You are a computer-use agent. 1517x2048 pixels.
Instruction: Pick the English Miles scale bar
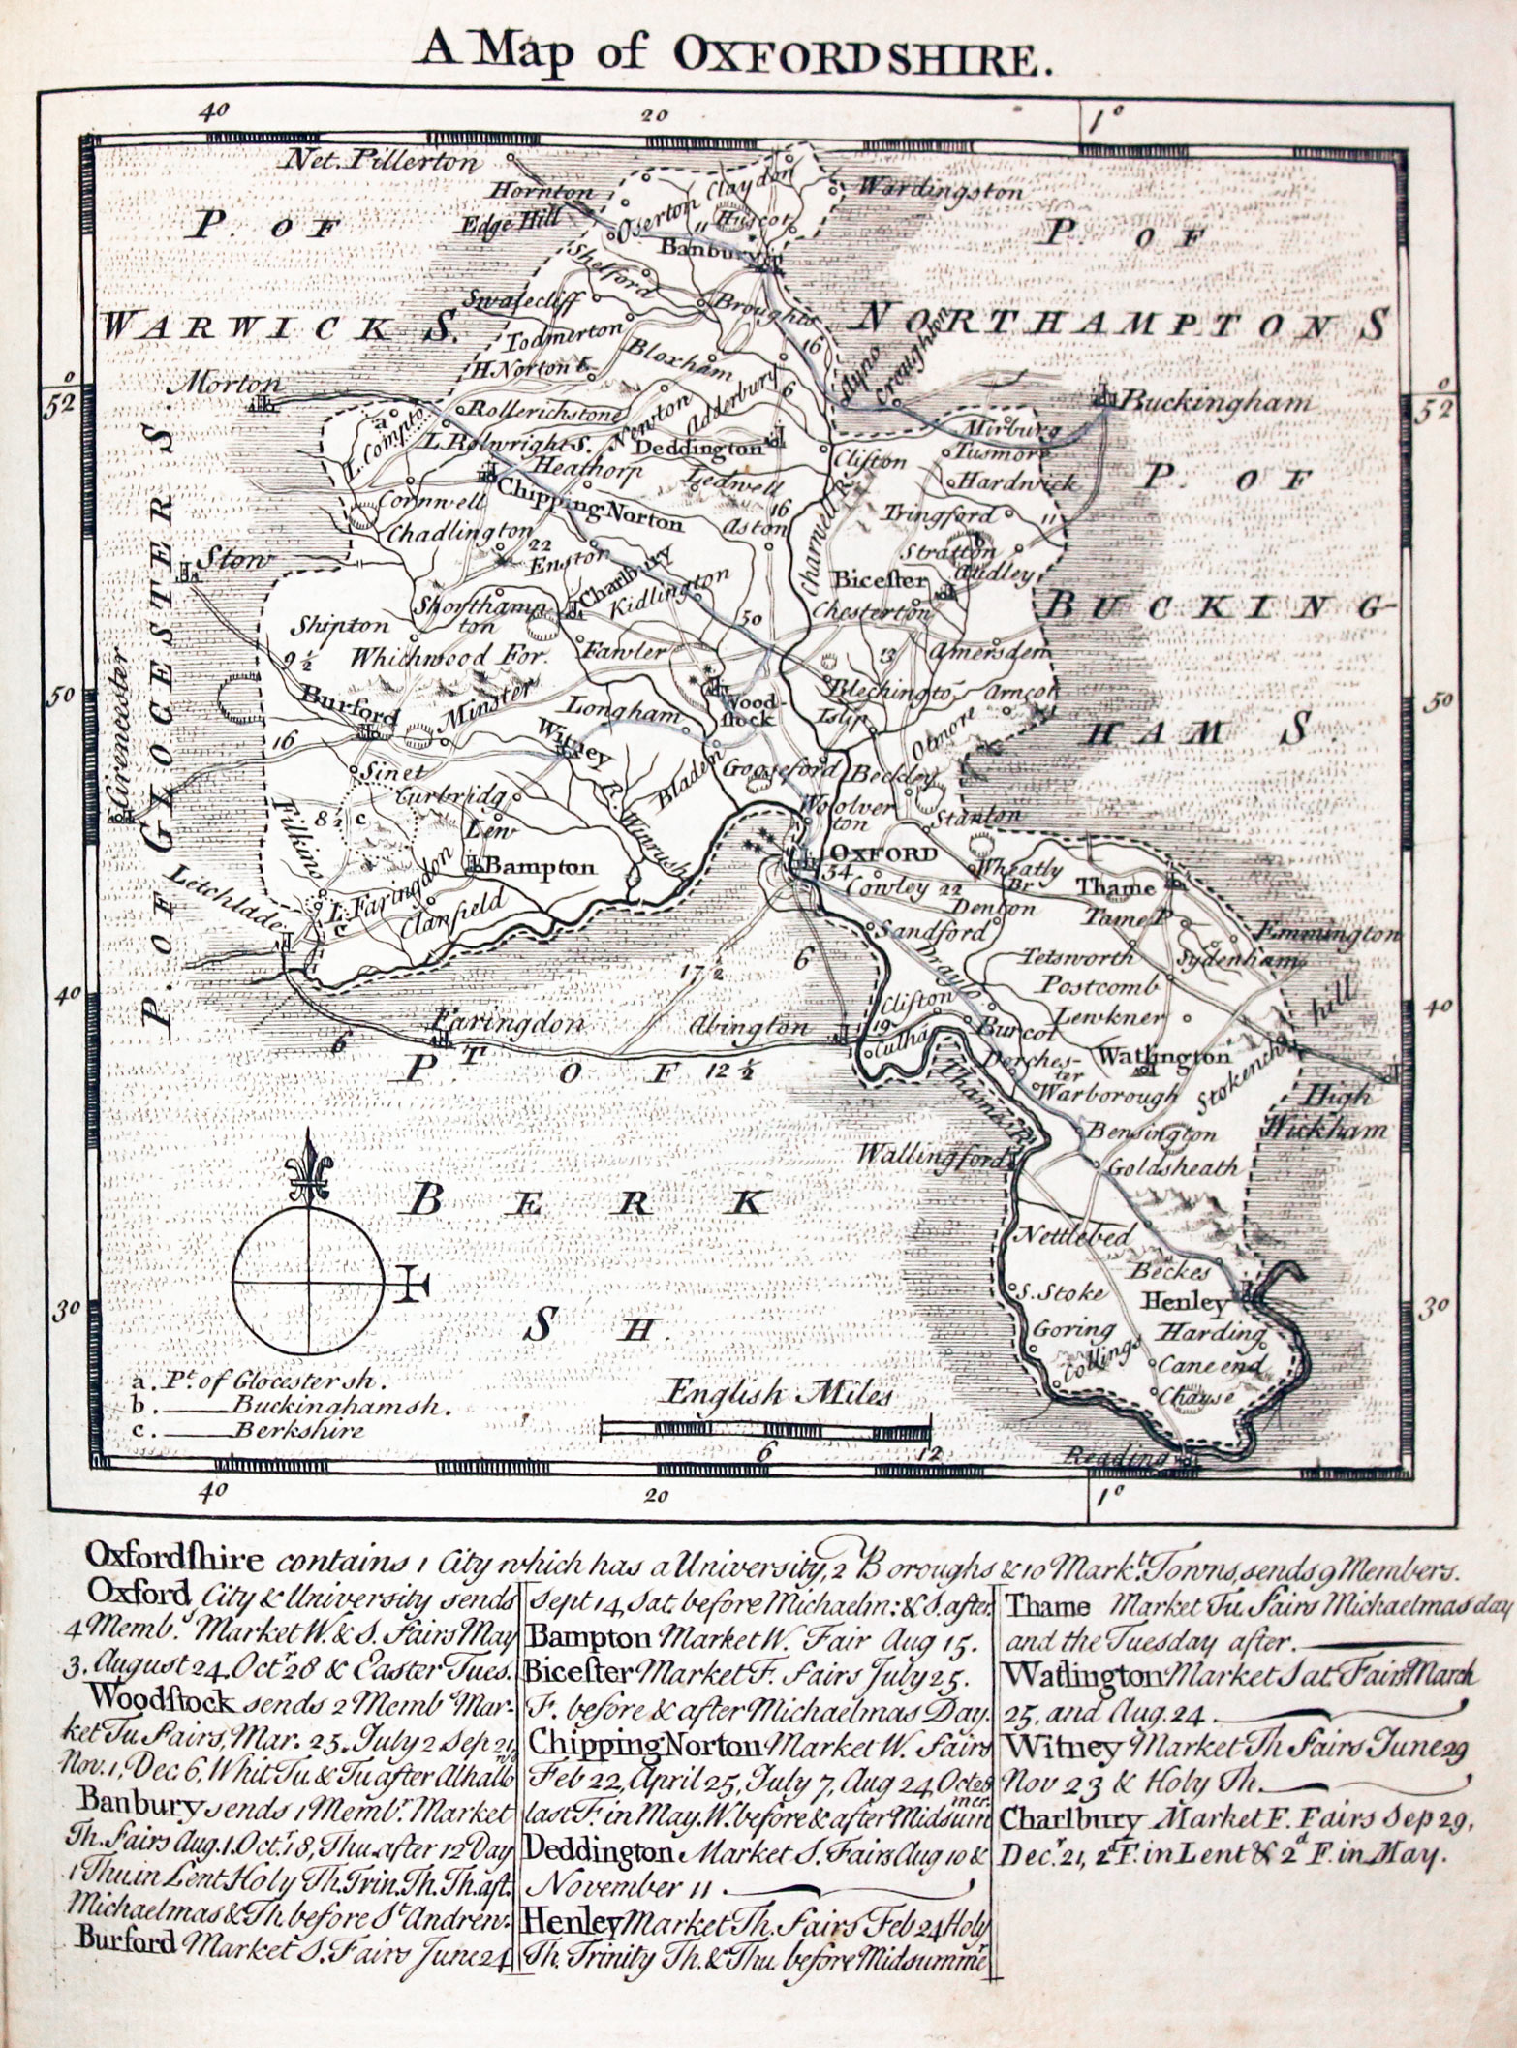tap(765, 1425)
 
